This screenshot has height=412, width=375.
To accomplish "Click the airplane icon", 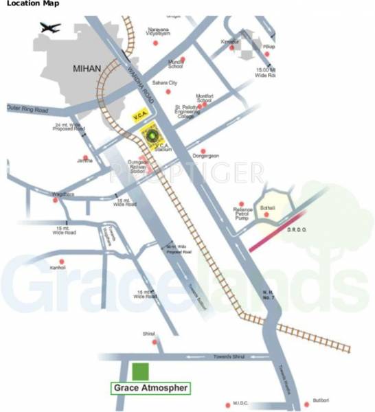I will (50, 29).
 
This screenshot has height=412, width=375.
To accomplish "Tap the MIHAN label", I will (88, 69).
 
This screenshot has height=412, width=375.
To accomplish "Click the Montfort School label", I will (204, 98).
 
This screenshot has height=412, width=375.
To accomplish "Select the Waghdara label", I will (63, 194).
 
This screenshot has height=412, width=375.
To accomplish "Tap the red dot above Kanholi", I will (62, 261).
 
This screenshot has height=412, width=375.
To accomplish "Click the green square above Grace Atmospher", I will (140, 372).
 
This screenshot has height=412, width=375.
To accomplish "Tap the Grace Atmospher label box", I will (150, 388).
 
